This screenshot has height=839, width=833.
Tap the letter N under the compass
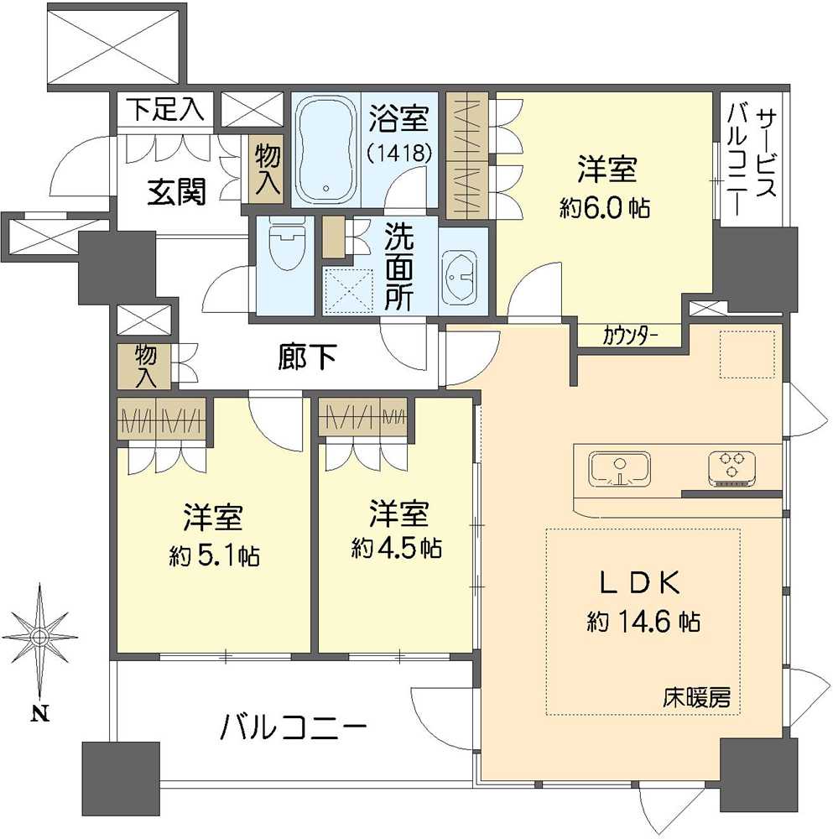(x=39, y=715)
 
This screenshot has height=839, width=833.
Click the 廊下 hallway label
(x=307, y=358)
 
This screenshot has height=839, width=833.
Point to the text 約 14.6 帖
(x=643, y=622)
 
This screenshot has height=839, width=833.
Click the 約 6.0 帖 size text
(x=606, y=208)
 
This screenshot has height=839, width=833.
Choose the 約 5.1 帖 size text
(x=214, y=555)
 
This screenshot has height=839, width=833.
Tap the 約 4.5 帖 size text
(x=397, y=548)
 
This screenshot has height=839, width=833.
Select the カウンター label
(x=630, y=337)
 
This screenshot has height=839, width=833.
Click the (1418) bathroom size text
(x=400, y=154)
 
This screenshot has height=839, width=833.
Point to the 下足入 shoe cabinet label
(x=166, y=110)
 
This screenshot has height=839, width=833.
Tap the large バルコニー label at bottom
(x=294, y=726)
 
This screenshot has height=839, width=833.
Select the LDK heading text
(x=643, y=581)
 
